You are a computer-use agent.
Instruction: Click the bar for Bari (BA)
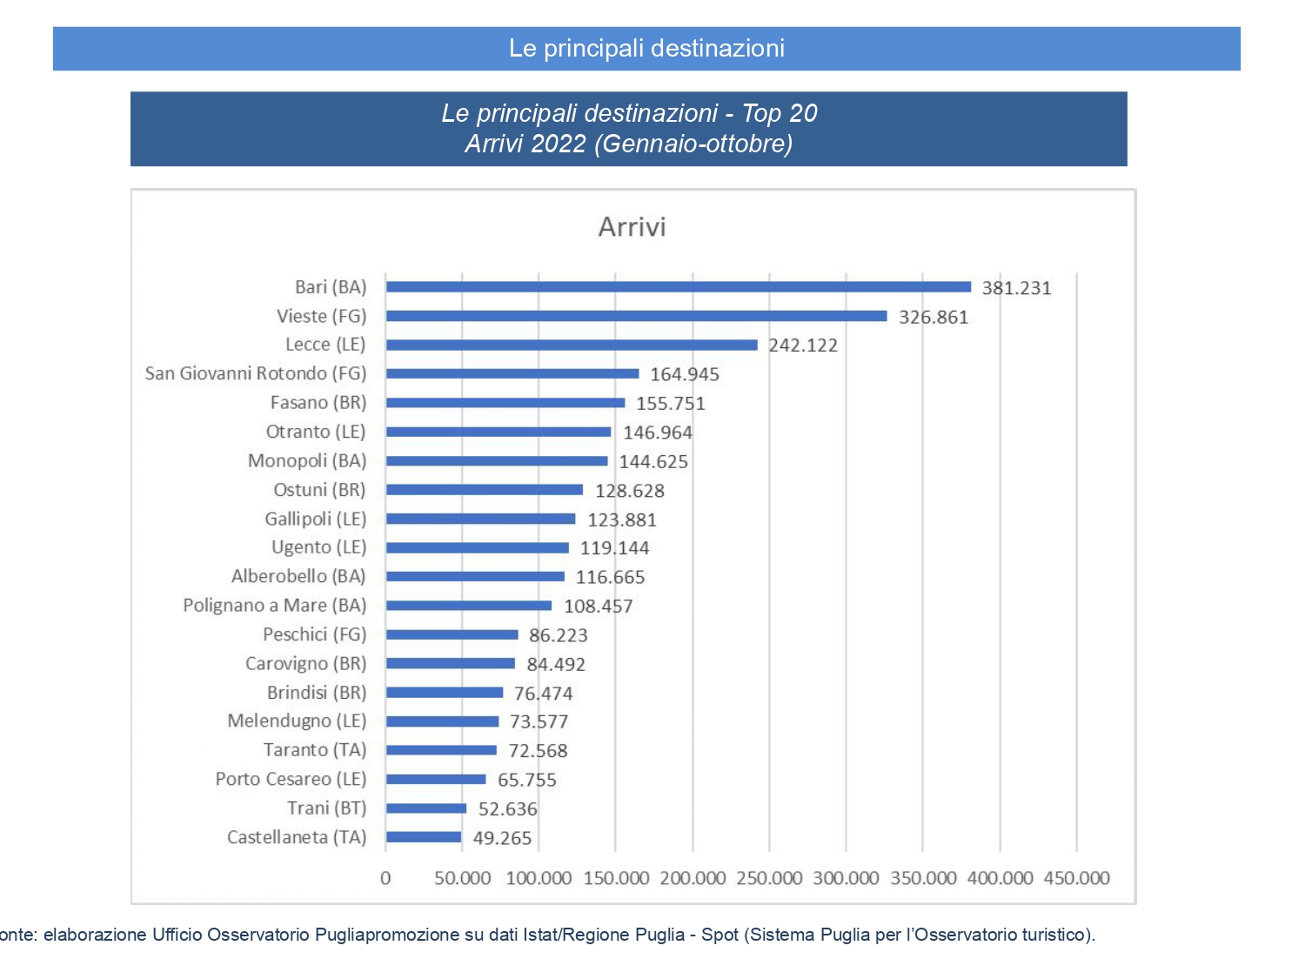click(679, 287)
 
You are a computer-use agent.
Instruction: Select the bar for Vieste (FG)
click(637, 316)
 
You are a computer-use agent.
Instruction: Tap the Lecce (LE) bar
click(572, 345)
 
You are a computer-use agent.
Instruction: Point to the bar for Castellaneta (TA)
click(424, 837)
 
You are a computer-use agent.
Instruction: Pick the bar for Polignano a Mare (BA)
click(469, 606)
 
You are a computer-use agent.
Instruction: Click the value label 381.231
click(1016, 288)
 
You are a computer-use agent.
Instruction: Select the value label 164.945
click(685, 374)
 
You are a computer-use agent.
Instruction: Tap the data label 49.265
click(502, 838)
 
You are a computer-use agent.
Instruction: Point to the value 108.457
click(599, 607)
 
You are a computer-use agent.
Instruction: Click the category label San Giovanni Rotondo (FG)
click(256, 373)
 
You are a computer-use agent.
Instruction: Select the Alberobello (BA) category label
click(298, 576)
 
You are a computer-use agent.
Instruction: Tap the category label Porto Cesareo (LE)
click(291, 779)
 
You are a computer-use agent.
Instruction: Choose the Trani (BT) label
click(326, 808)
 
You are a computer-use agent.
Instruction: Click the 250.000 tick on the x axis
click(769, 878)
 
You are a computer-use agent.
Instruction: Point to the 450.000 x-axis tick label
click(1076, 878)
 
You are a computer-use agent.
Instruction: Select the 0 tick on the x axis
click(385, 878)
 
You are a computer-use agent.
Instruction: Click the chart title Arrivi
click(632, 227)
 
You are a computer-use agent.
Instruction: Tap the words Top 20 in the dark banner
click(780, 113)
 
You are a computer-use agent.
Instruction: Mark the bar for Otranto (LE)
click(499, 432)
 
